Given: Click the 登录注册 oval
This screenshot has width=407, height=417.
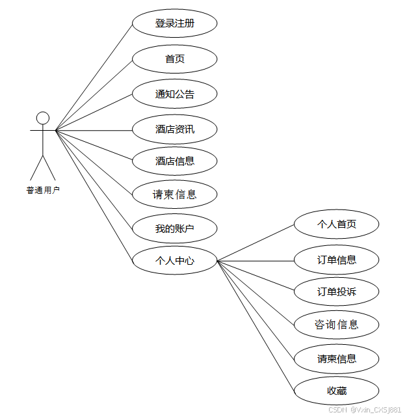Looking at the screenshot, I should [x=174, y=23].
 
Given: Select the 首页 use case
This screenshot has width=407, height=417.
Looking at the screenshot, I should [x=174, y=59].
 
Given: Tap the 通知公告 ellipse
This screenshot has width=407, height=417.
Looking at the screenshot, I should [x=174, y=94].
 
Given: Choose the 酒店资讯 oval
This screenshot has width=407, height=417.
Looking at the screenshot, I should [x=174, y=129].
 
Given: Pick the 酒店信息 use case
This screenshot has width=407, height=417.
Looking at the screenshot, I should [x=174, y=161].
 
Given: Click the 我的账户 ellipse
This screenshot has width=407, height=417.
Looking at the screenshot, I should [x=174, y=229].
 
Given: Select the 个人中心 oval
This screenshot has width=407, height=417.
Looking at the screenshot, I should [x=174, y=262].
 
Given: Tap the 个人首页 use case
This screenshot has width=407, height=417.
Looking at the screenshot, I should [x=336, y=224].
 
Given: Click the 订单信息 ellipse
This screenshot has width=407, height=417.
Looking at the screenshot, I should [x=336, y=260].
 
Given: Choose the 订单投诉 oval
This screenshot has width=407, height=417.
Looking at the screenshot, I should [x=336, y=291].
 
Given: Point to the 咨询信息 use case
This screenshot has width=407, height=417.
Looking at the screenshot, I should [x=336, y=324].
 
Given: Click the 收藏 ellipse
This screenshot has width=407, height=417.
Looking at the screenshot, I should [x=336, y=391].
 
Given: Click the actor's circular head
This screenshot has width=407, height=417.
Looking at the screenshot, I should [x=43, y=118].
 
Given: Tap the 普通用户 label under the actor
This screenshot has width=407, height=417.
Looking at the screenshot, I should [x=43, y=191].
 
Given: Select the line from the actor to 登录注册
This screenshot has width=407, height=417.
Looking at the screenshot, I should [x=94, y=77].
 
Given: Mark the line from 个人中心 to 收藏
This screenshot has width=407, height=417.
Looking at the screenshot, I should [x=256, y=326].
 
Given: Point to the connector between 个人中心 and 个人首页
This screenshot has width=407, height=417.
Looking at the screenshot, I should [x=256, y=243].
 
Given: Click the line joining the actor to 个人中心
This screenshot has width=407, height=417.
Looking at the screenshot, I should [x=94, y=196].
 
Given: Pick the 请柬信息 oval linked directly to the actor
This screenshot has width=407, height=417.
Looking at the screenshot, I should [x=174, y=195].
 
